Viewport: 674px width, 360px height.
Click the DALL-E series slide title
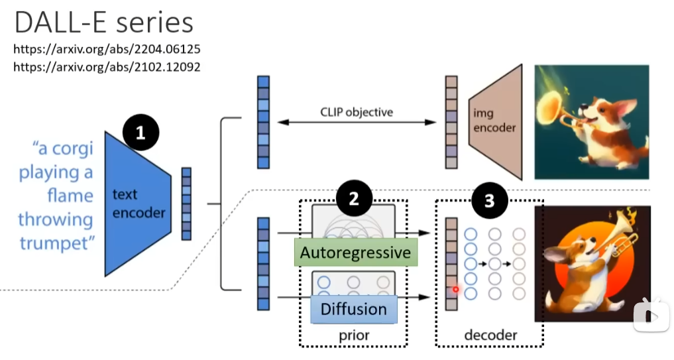[x=104, y=23]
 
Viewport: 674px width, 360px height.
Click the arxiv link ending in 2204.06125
[x=107, y=50]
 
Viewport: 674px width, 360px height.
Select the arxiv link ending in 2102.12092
[x=107, y=66]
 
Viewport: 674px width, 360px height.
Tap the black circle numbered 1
[x=140, y=133]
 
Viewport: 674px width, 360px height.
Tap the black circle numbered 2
[x=354, y=200]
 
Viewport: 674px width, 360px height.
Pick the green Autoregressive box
[x=355, y=253]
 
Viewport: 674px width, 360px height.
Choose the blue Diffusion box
[x=353, y=309]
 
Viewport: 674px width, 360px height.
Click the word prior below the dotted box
[x=353, y=335]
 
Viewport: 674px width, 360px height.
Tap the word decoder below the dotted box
[x=490, y=335]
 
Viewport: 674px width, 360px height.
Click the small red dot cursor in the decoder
[x=456, y=289]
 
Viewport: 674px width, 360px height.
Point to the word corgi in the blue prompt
[x=70, y=149]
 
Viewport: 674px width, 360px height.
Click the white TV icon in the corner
[x=651, y=314]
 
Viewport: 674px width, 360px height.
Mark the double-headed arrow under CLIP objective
[x=356, y=122]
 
